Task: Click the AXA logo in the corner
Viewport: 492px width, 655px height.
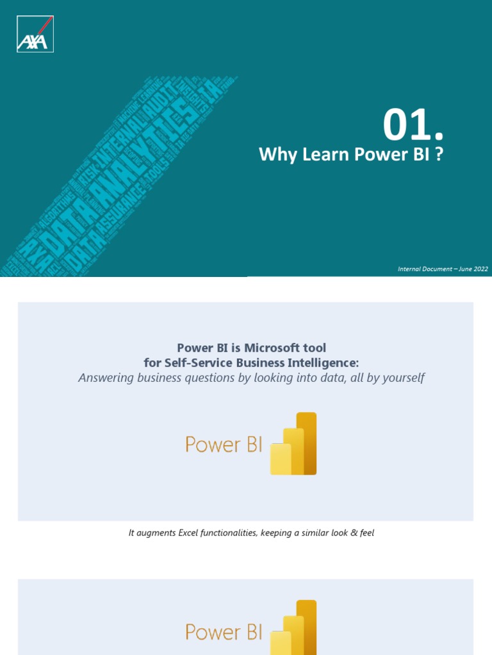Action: click(x=35, y=34)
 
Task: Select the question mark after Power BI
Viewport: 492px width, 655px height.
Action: click(x=439, y=155)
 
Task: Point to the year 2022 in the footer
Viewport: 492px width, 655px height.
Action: click(x=480, y=269)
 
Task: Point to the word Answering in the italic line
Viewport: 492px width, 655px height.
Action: click(x=105, y=378)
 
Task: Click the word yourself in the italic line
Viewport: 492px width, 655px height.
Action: click(x=402, y=378)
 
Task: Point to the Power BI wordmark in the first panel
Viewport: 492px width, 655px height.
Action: click(x=224, y=445)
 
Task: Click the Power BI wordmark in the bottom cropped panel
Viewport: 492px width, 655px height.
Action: click(x=224, y=632)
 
